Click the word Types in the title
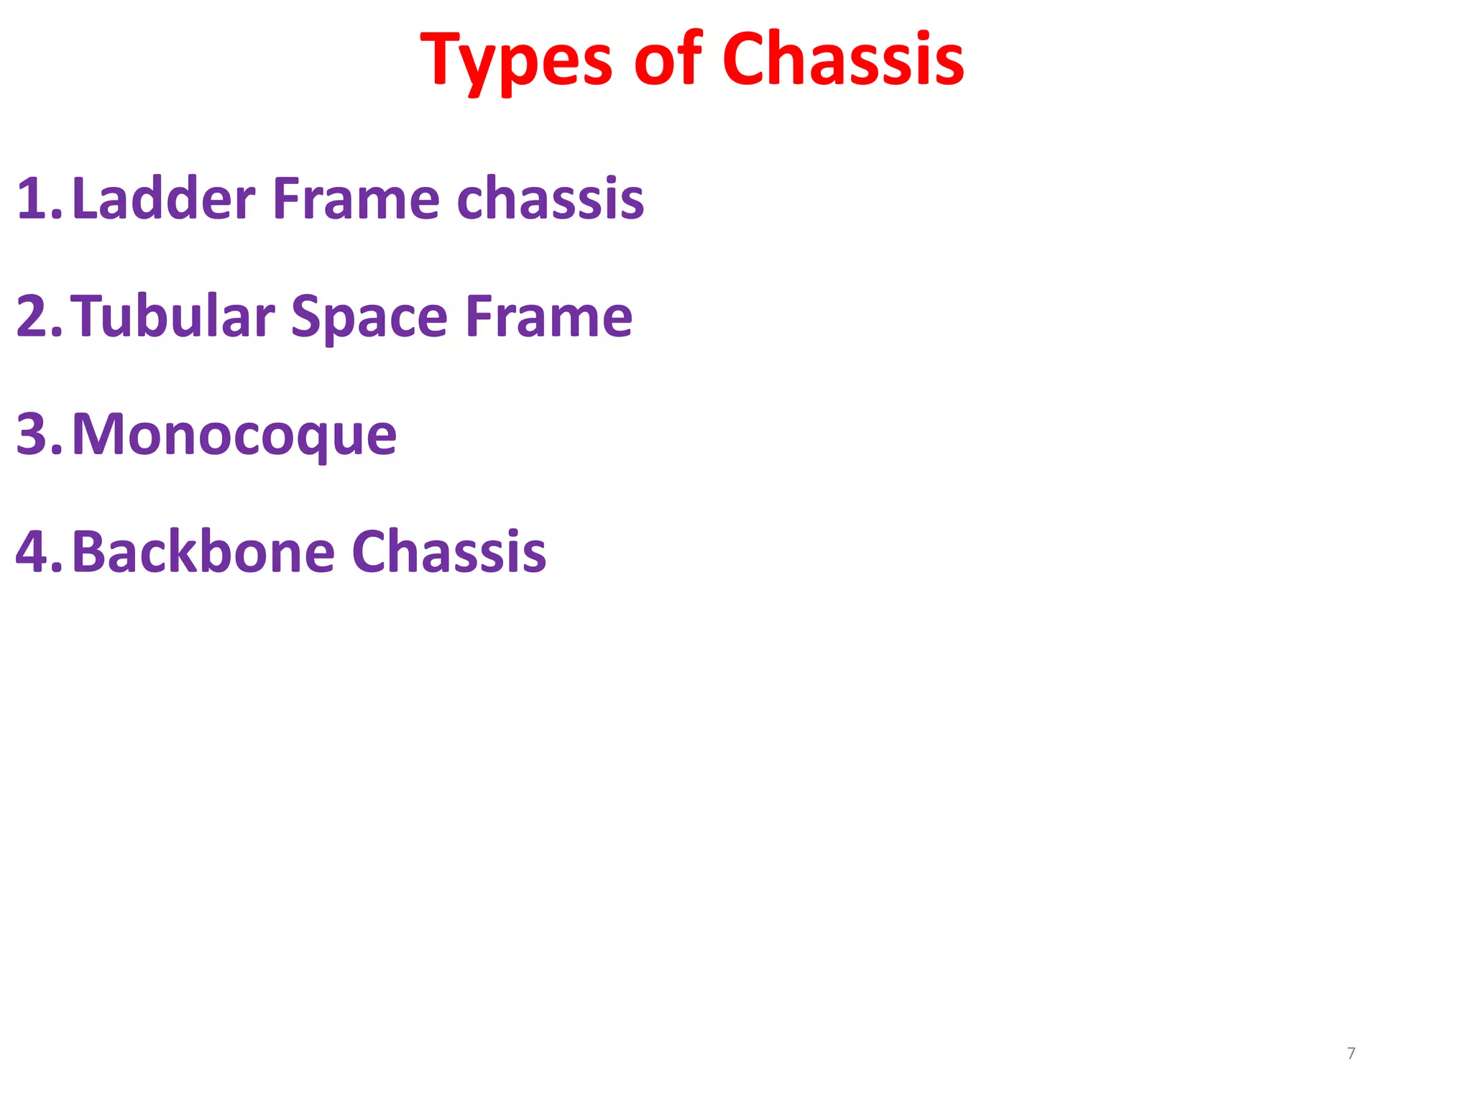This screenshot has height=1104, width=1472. (x=516, y=60)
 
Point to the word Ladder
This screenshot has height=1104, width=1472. (x=164, y=198)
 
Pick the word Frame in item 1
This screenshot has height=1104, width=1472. (x=356, y=198)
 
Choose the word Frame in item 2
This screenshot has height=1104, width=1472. (x=548, y=316)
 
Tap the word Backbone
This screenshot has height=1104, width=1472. (x=203, y=552)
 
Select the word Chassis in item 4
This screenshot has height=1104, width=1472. (x=449, y=552)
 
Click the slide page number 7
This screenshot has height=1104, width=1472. (x=1351, y=1054)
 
